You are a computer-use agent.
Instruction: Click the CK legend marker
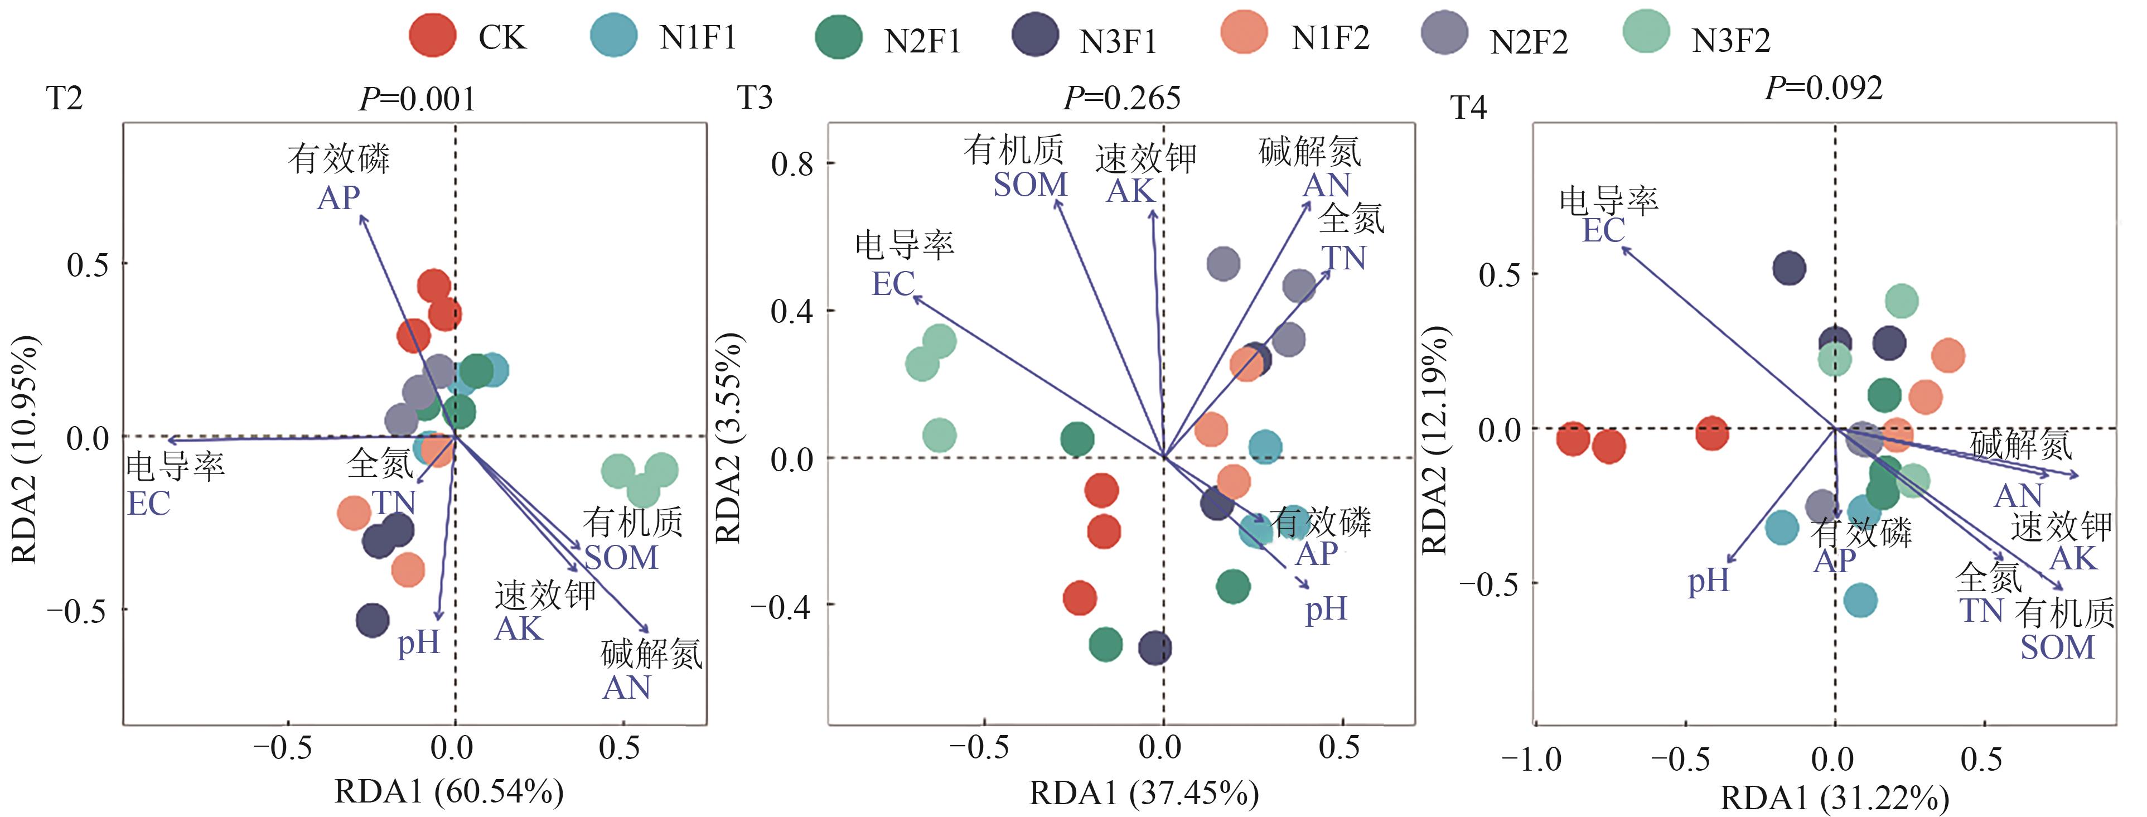(x=433, y=36)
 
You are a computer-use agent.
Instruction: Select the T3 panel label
(x=755, y=98)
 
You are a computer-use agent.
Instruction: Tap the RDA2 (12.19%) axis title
(x=1434, y=439)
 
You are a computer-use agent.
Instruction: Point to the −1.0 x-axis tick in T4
(x=1531, y=760)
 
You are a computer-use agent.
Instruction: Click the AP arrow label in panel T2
(x=339, y=197)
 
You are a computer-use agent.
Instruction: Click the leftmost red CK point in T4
(x=1573, y=438)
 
